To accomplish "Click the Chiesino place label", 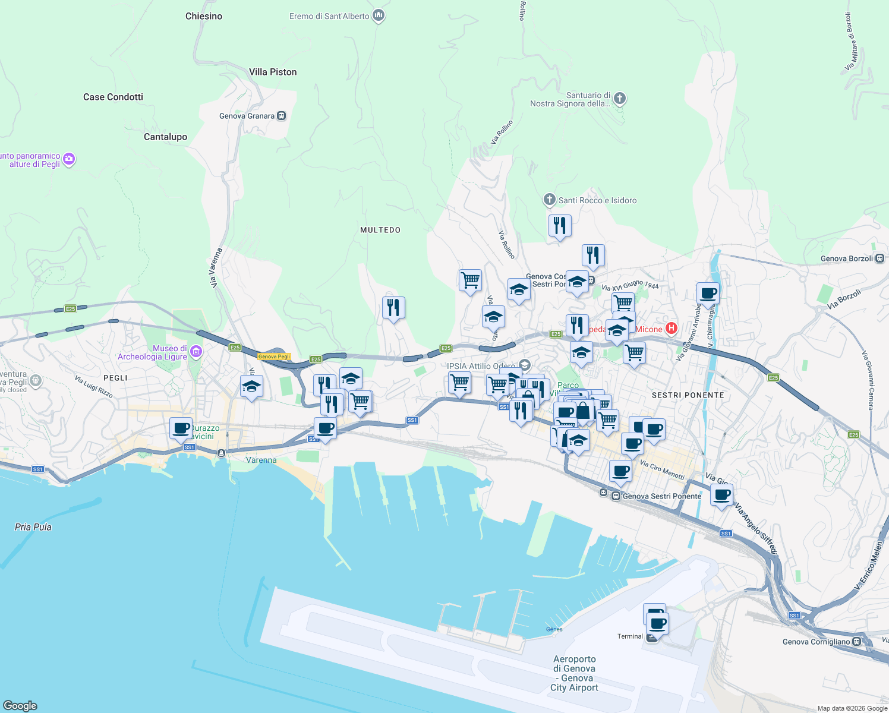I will pyautogui.click(x=204, y=16).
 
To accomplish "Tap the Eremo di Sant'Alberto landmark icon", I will pyautogui.click(x=379, y=15).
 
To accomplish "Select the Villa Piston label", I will pyautogui.click(x=273, y=72).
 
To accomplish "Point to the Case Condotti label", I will pyautogui.click(x=113, y=97).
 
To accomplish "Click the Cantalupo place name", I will pyautogui.click(x=165, y=137).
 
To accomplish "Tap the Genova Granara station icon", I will pyautogui.click(x=282, y=116).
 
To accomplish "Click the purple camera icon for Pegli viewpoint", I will pyautogui.click(x=69, y=159).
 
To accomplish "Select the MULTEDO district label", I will pyautogui.click(x=380, y=230).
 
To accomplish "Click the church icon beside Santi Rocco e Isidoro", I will pyautogui.click(x=550, y=200).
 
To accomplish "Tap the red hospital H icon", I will pyautogui.click(x=672, y=328).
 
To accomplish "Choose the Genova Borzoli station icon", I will pyautogui.click(x=880, y=258).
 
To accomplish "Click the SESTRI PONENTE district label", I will pyautogui.click(x=688, y=395).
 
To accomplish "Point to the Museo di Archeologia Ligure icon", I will pyautogui.click(x=196, y=352).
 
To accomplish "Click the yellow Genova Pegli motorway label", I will pyautogui.click(x=274, y=356).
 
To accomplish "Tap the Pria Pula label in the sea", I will pyautogui.click(x=33, y=527).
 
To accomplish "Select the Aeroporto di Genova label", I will pyautogui.click(x=574, y=673).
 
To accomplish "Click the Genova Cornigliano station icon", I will pyautogui.click(x=856, y=642).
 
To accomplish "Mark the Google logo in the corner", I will pyautogui.click(x=20, y=705).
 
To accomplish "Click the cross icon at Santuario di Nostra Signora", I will pyautogui.click(x=620, y=98).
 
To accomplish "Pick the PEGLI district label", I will pyautogui.click(x=115, y=378).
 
